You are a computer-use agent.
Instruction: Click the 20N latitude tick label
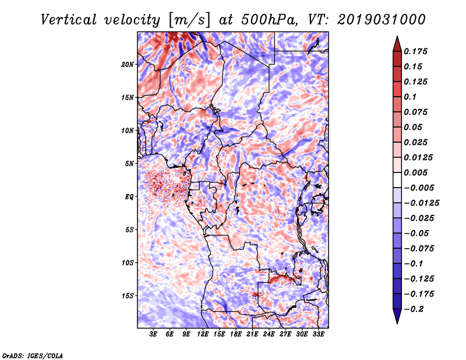(128, 64)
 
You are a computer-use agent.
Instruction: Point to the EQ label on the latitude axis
(129, 197)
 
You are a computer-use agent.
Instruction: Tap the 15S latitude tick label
(128, 296)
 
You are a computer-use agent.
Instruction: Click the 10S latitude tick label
(128, 263)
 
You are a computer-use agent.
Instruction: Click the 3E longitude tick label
(154, 335)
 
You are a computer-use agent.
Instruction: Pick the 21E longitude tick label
(252, 335)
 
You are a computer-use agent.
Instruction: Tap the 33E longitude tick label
(319, 335)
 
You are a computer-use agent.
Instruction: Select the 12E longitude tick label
(203, 335)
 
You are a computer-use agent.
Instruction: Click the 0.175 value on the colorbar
(417, 51)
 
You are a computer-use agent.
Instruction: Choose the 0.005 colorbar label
(417, 172)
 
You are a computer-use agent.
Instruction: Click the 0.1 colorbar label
(411, 97)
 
